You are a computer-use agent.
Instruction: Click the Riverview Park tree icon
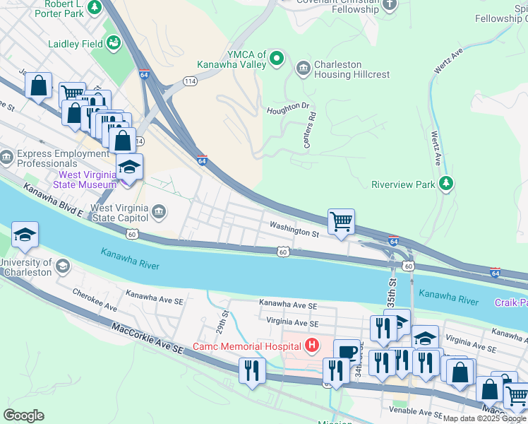coord(445,184)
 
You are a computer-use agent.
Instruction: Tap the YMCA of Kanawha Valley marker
coord(277,59)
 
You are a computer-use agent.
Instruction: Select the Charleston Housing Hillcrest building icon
coord(304,68)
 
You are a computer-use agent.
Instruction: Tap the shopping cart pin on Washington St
coord(341,221)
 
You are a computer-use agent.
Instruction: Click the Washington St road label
coord(294,231)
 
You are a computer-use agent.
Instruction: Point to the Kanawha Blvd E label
coord(53,201)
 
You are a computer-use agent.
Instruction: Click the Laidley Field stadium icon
coord(114,44)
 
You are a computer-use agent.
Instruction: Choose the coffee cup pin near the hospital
coord(347,352)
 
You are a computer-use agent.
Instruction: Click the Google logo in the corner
coord(23,416)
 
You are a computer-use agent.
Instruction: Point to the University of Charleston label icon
coord(62,266)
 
